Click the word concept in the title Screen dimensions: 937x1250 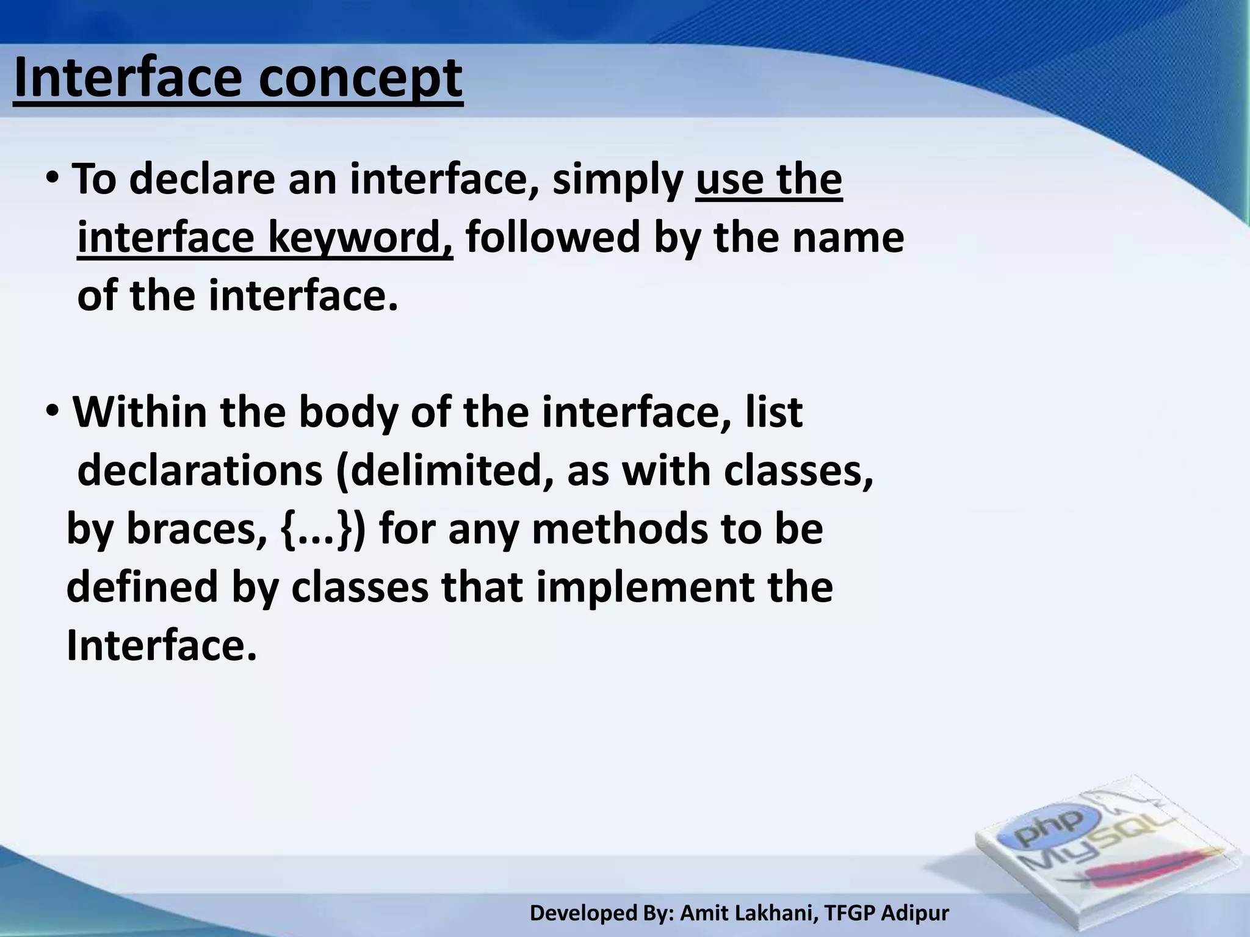360,79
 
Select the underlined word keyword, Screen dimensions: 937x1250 360,238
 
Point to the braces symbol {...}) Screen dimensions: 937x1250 323,530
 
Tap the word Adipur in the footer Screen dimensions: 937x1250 916,913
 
